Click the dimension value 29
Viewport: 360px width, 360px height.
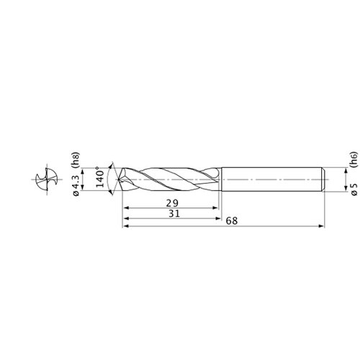coord(172,203)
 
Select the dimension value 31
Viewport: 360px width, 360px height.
coord(174,213)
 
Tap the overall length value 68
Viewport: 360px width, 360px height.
coord(232,221)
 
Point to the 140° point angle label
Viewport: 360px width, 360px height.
coord(99,177)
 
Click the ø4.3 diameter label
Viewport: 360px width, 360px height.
coord(76,183)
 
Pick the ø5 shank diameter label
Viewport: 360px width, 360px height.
coord(354,189)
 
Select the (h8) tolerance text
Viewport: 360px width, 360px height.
coord(76,160)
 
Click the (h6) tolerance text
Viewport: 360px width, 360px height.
coord(354,159)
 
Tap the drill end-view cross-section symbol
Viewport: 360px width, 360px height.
coord(46,179)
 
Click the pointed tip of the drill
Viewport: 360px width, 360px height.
coord(118,179)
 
